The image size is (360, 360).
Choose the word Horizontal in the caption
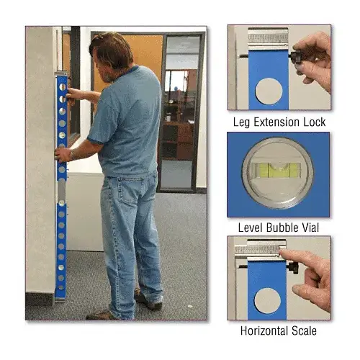click(x=264, y=330)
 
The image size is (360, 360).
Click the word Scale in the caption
click(x=305, y=330)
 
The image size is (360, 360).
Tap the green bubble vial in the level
click(x=278, y=170)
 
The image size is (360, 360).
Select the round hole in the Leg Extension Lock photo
click(x=269, y=91)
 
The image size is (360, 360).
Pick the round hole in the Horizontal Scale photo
click(x=267, y=300)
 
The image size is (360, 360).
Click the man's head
click(x=109, y=56)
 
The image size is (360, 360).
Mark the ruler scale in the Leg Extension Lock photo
click(x=268, y=38)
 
